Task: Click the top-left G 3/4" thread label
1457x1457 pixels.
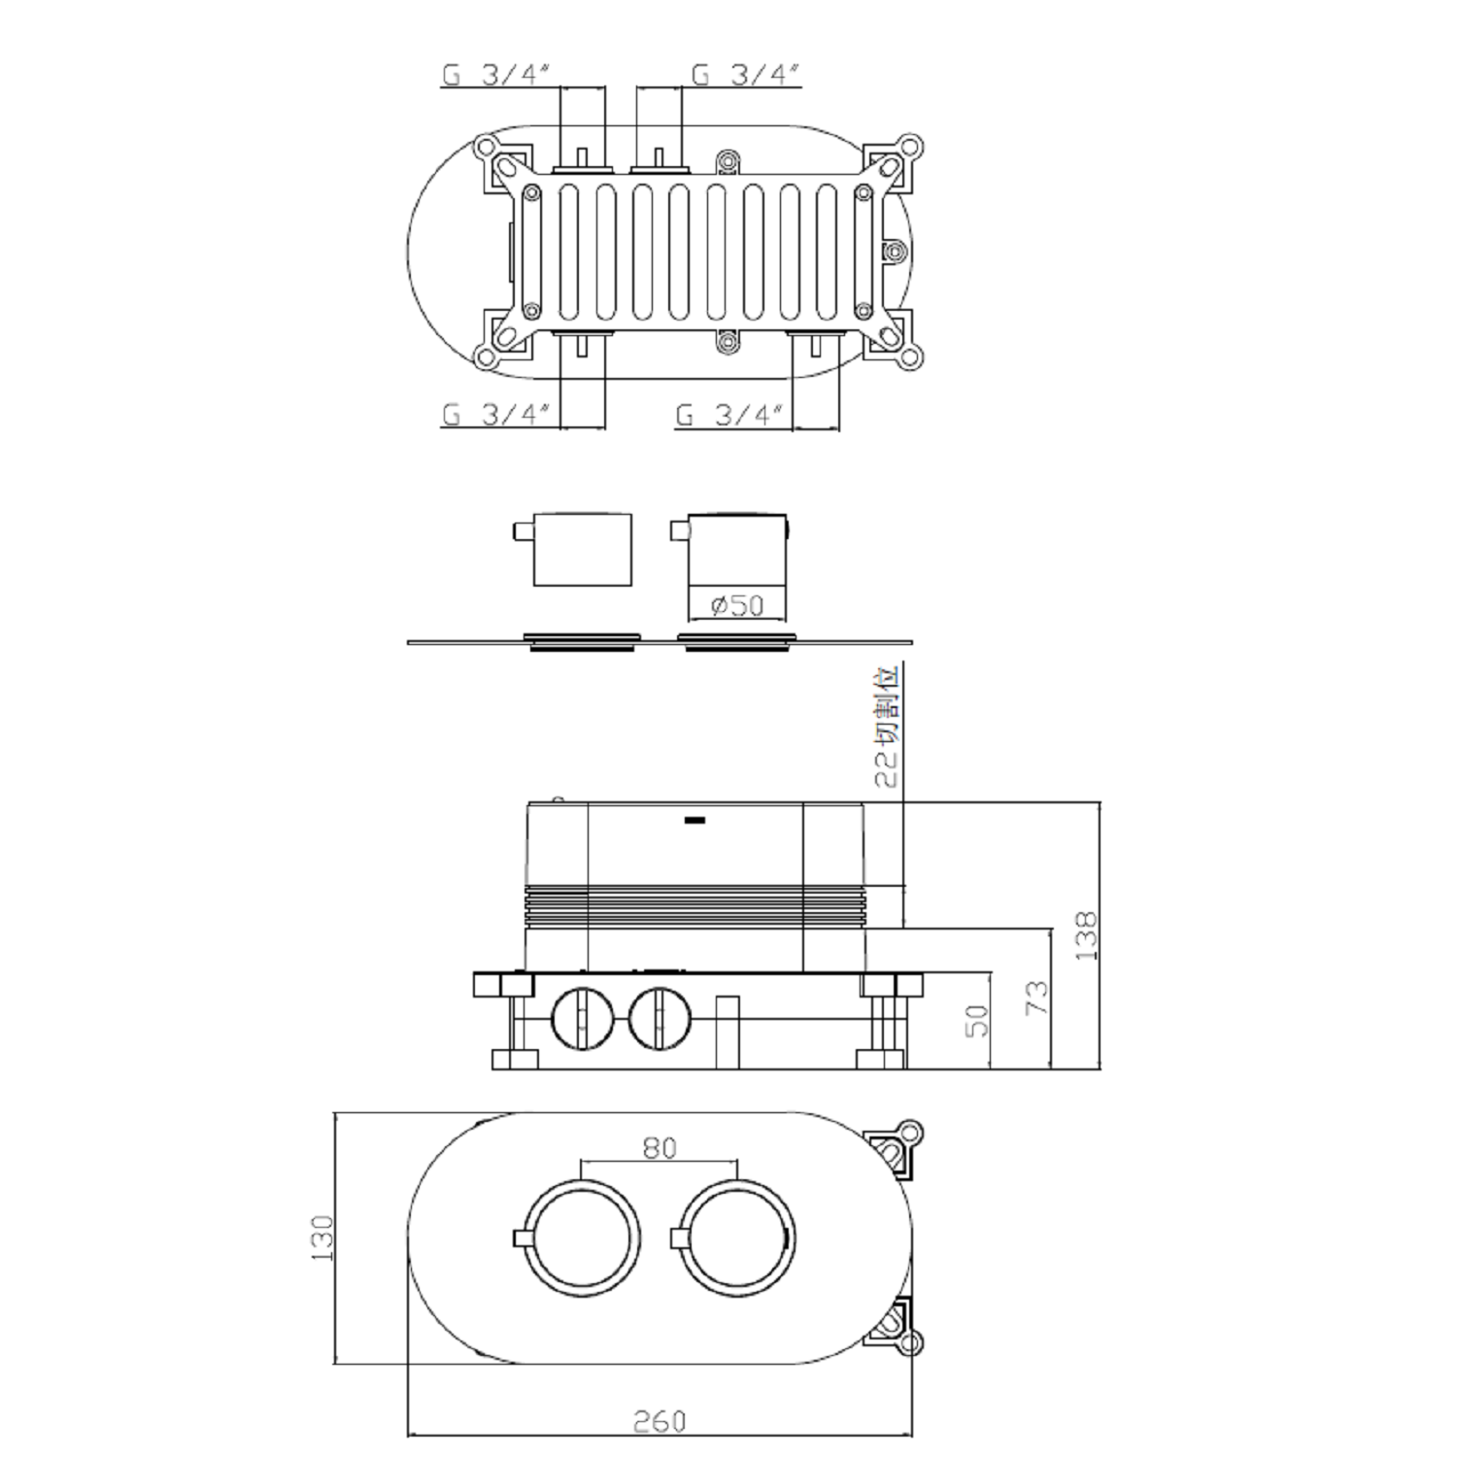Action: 497,74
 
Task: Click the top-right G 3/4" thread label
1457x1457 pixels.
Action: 745,74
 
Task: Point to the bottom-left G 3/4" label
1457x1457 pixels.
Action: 497,415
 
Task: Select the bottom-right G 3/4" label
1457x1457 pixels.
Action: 730,415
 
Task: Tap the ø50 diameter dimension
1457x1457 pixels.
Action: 737,605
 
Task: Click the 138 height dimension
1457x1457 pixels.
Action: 1086,935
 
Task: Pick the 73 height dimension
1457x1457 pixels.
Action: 1037,998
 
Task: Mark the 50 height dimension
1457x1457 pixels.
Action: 977,1020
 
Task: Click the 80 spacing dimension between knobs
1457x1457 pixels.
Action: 660,1147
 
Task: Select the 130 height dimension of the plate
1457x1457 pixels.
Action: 322,1237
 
